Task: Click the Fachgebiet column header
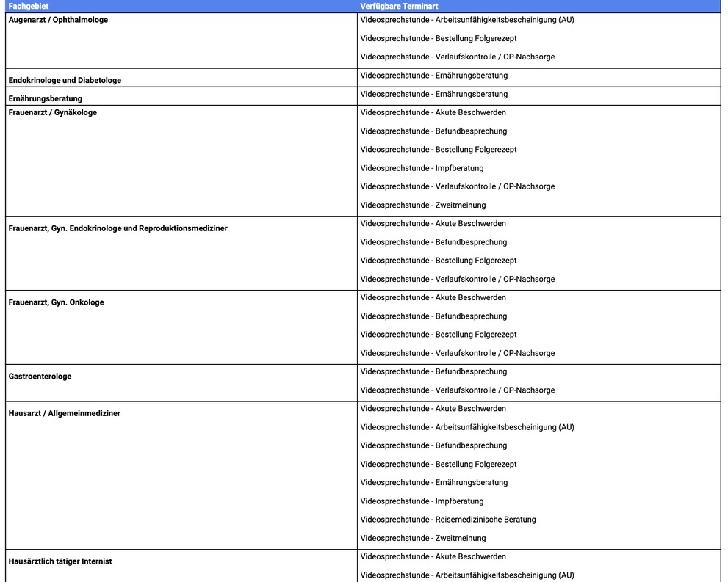28,6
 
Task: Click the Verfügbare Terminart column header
399,6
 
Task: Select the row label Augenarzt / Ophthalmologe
58,20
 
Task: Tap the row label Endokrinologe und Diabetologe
65,80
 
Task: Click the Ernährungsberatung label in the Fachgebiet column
45,98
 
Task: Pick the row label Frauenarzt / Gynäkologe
52,112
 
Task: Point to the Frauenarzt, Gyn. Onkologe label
56,302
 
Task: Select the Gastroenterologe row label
40,377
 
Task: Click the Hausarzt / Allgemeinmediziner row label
64,413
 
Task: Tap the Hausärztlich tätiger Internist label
60,561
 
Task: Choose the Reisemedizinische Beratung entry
448,520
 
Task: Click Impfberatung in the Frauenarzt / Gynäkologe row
422,168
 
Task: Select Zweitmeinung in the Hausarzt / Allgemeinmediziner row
422,538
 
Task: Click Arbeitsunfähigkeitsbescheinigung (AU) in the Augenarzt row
467,20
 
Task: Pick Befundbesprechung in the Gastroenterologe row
433,371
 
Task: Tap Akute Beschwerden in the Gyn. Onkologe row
433,297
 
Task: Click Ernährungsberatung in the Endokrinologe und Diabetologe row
433,76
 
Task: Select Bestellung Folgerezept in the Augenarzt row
439,38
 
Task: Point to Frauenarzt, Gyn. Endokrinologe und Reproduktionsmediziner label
118,228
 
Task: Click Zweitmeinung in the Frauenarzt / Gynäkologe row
422,205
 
